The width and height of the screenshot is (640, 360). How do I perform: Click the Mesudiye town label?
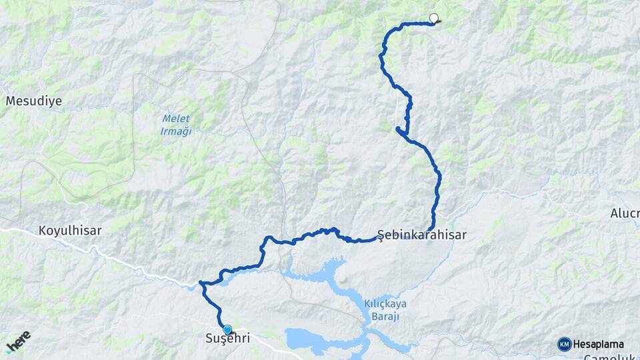tap(34, 101)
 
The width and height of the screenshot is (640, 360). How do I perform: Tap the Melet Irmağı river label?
tap(176, 125)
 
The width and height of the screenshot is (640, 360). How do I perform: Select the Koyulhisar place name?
tap(70, 231)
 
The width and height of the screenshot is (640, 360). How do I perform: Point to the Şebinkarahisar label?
tap(422, 235)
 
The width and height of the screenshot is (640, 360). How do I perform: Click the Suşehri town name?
tap(227, 339)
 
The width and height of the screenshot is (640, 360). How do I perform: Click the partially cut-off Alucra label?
tap(625, 214)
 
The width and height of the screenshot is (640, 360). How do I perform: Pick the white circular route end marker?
tap(434, 18)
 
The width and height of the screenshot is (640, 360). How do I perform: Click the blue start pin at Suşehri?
tap(227, 329)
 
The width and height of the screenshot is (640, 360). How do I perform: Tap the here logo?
tap(19, 341)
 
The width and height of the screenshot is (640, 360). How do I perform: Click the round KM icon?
tap(564, 344)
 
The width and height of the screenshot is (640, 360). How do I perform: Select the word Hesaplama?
tap(599, 344)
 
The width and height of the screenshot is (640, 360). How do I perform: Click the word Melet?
tap(176, 119)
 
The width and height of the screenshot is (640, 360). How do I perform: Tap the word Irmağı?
tap(176, 131)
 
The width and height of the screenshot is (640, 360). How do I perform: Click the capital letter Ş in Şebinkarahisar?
tap(381, 235)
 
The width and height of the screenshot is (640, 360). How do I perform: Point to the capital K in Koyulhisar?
tap(43, 231)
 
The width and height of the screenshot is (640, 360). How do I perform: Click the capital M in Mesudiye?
tap(11, 101)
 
